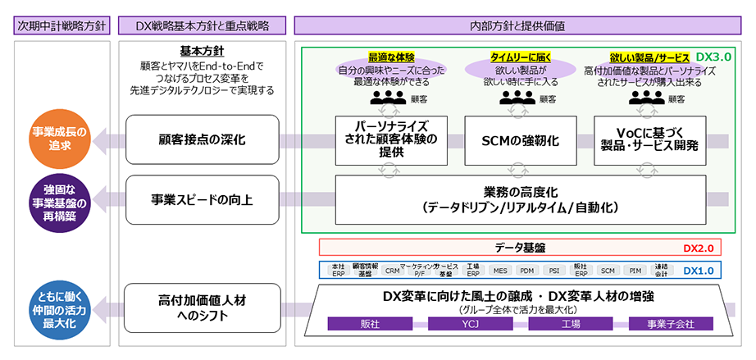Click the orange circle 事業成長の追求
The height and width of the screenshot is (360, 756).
58,139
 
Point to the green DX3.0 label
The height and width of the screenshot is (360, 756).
713,58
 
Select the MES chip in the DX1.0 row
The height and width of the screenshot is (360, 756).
500,270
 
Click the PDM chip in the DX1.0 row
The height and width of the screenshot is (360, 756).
527,270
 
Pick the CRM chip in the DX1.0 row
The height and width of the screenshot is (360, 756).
392,270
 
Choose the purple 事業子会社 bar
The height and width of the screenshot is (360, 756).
669,324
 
